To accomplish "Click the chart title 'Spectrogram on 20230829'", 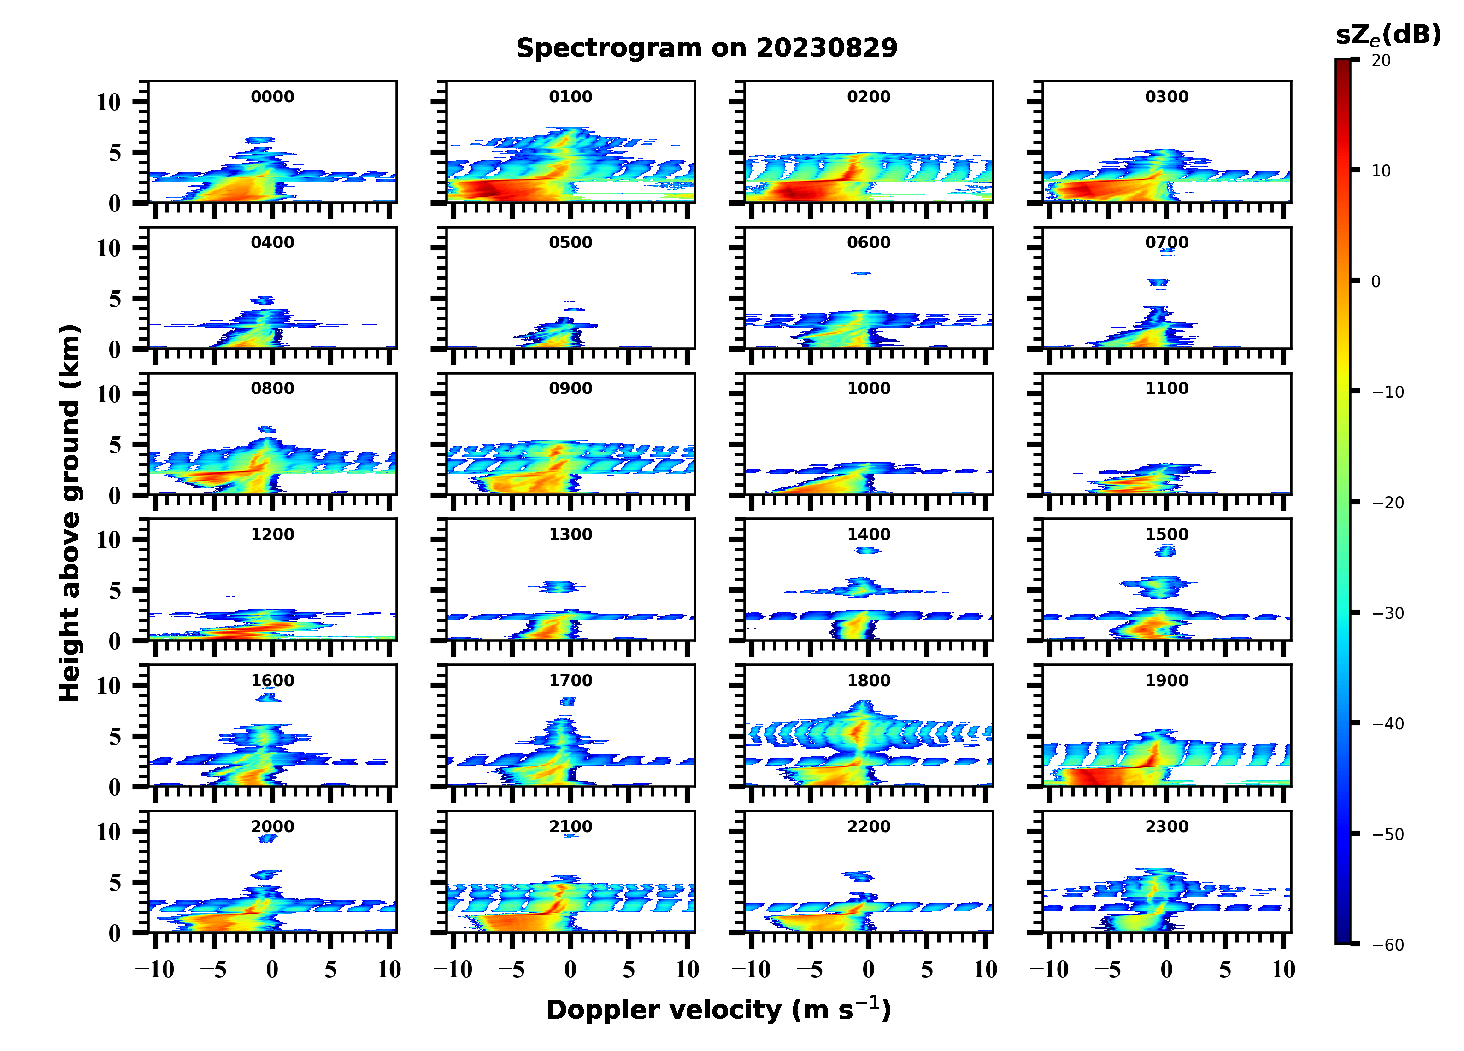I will click(x=707, y=48).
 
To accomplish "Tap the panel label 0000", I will click(x=272, y=97).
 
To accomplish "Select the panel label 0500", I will click(x=570, y=243).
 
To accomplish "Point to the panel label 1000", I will click(x=869, y=388).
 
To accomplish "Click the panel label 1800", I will click(x=869, y=681).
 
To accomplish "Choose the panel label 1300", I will click(x=570, y=534).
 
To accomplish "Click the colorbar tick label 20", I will click(x=1382, y=61).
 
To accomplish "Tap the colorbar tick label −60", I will click(x=1388, y=945).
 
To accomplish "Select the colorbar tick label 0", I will click(x=1376, y=282).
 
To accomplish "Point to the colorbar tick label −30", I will click(x=1388, y=613).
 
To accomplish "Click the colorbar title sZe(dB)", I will click(x=1388, y=35).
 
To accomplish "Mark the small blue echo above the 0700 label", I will click(x=1167, y=252).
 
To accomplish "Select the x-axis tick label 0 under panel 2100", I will click(x=570, y=969).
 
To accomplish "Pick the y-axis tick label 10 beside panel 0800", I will click(x=108, y=394).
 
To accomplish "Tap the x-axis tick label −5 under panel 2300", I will click(x=1108, y=969).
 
